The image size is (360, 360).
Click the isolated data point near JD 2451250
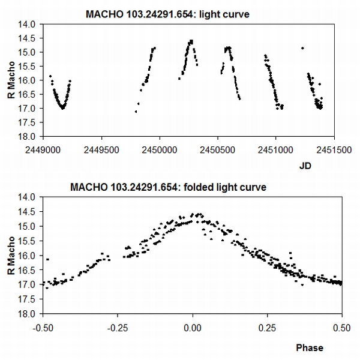point(302,48)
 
